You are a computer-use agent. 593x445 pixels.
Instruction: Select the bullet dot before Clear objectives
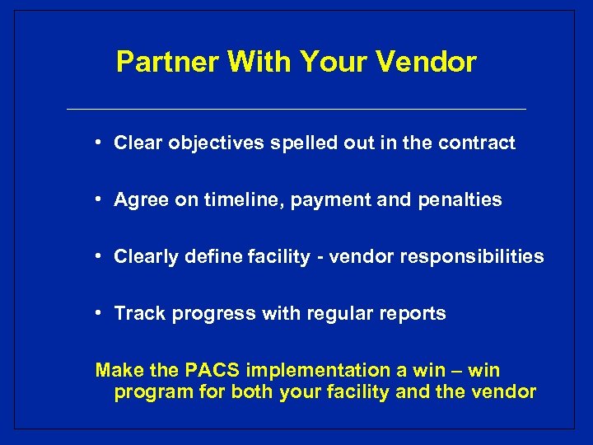pos(97,142)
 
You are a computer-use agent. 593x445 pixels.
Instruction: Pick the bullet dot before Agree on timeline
pos(97,199)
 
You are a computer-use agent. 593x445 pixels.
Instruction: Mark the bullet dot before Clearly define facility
pos(97,255)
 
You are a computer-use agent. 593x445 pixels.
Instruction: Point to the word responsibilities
pos(472,257)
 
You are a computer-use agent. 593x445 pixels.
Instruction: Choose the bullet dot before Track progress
pos(97,312)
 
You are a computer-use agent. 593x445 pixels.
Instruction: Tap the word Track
pos(135,314)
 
